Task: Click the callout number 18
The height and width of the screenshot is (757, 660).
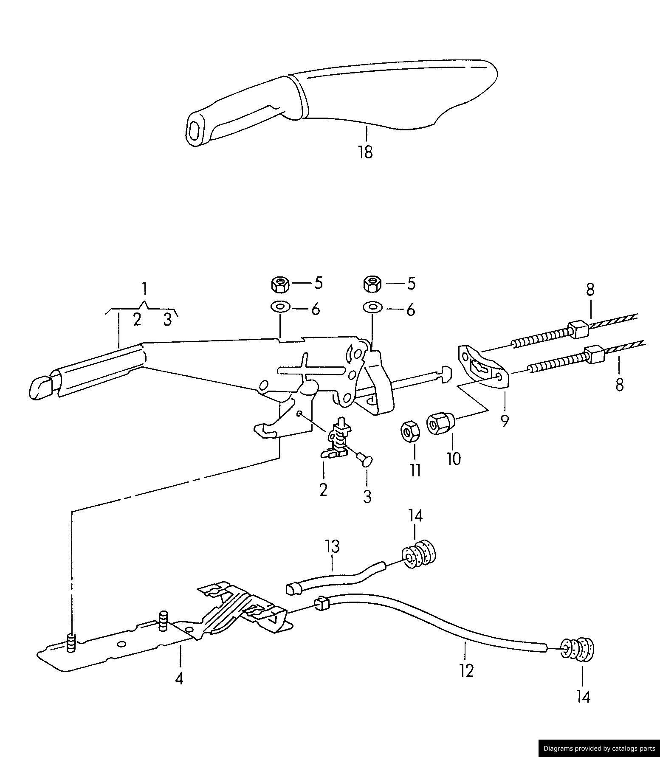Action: click(365, 152)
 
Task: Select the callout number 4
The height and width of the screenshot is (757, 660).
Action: click(179, 679)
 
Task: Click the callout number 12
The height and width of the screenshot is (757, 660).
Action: click(466, 671)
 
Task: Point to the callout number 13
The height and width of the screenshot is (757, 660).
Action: click(333, 546)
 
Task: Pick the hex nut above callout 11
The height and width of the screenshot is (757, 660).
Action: click(410, 432)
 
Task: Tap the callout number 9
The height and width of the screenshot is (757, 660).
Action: click(505, 421)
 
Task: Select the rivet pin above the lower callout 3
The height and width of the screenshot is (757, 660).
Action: click(365, 459)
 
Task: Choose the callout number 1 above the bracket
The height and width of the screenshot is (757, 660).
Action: click(144, 289)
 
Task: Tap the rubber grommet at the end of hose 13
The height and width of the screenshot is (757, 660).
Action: click(419, 554)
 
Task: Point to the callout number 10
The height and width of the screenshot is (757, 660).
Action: click(454, 459)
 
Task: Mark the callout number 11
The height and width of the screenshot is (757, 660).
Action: click(415, 470)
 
